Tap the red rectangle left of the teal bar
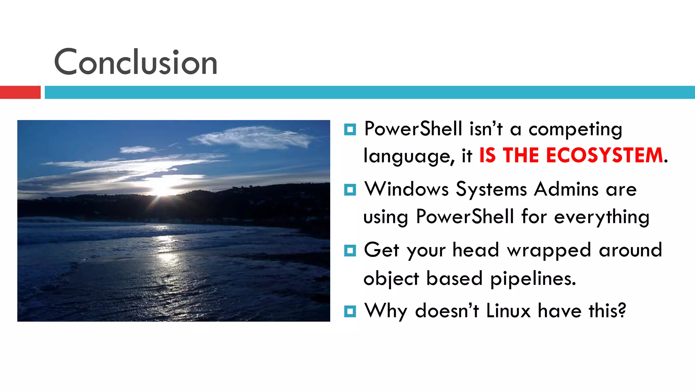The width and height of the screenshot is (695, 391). [x=20, y=92]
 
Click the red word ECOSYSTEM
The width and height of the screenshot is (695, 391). [x=604, y=155]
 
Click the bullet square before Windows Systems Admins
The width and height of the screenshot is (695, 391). [x=350, y=190]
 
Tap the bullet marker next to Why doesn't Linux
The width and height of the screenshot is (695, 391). [x=350, y=311]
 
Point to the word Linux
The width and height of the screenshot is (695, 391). [x=508, y=311]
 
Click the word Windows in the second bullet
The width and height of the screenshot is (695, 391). [x=406, y=189]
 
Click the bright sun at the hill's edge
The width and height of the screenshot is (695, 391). [x=162, y=190]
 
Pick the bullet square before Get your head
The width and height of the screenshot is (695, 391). [x=350, y=250]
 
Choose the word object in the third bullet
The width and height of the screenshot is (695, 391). [x=391, y=279]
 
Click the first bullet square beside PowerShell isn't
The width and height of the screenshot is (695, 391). [x=350, y=129]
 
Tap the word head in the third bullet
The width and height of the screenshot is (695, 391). [x=475, y=250]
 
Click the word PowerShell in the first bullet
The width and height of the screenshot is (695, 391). [x=413, y=129]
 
